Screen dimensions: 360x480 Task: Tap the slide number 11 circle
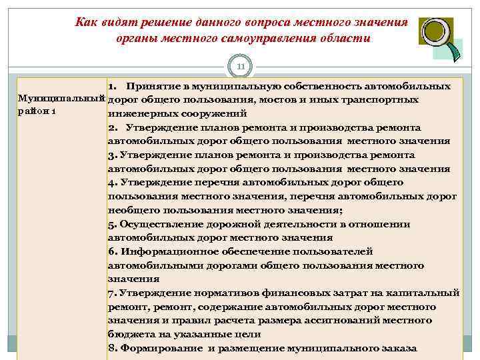tap(241, 67)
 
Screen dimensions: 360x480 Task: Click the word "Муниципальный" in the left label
tap(53, 99)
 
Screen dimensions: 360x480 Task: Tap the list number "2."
tap(113, 127)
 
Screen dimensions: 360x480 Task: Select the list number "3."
tap(113, 155)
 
